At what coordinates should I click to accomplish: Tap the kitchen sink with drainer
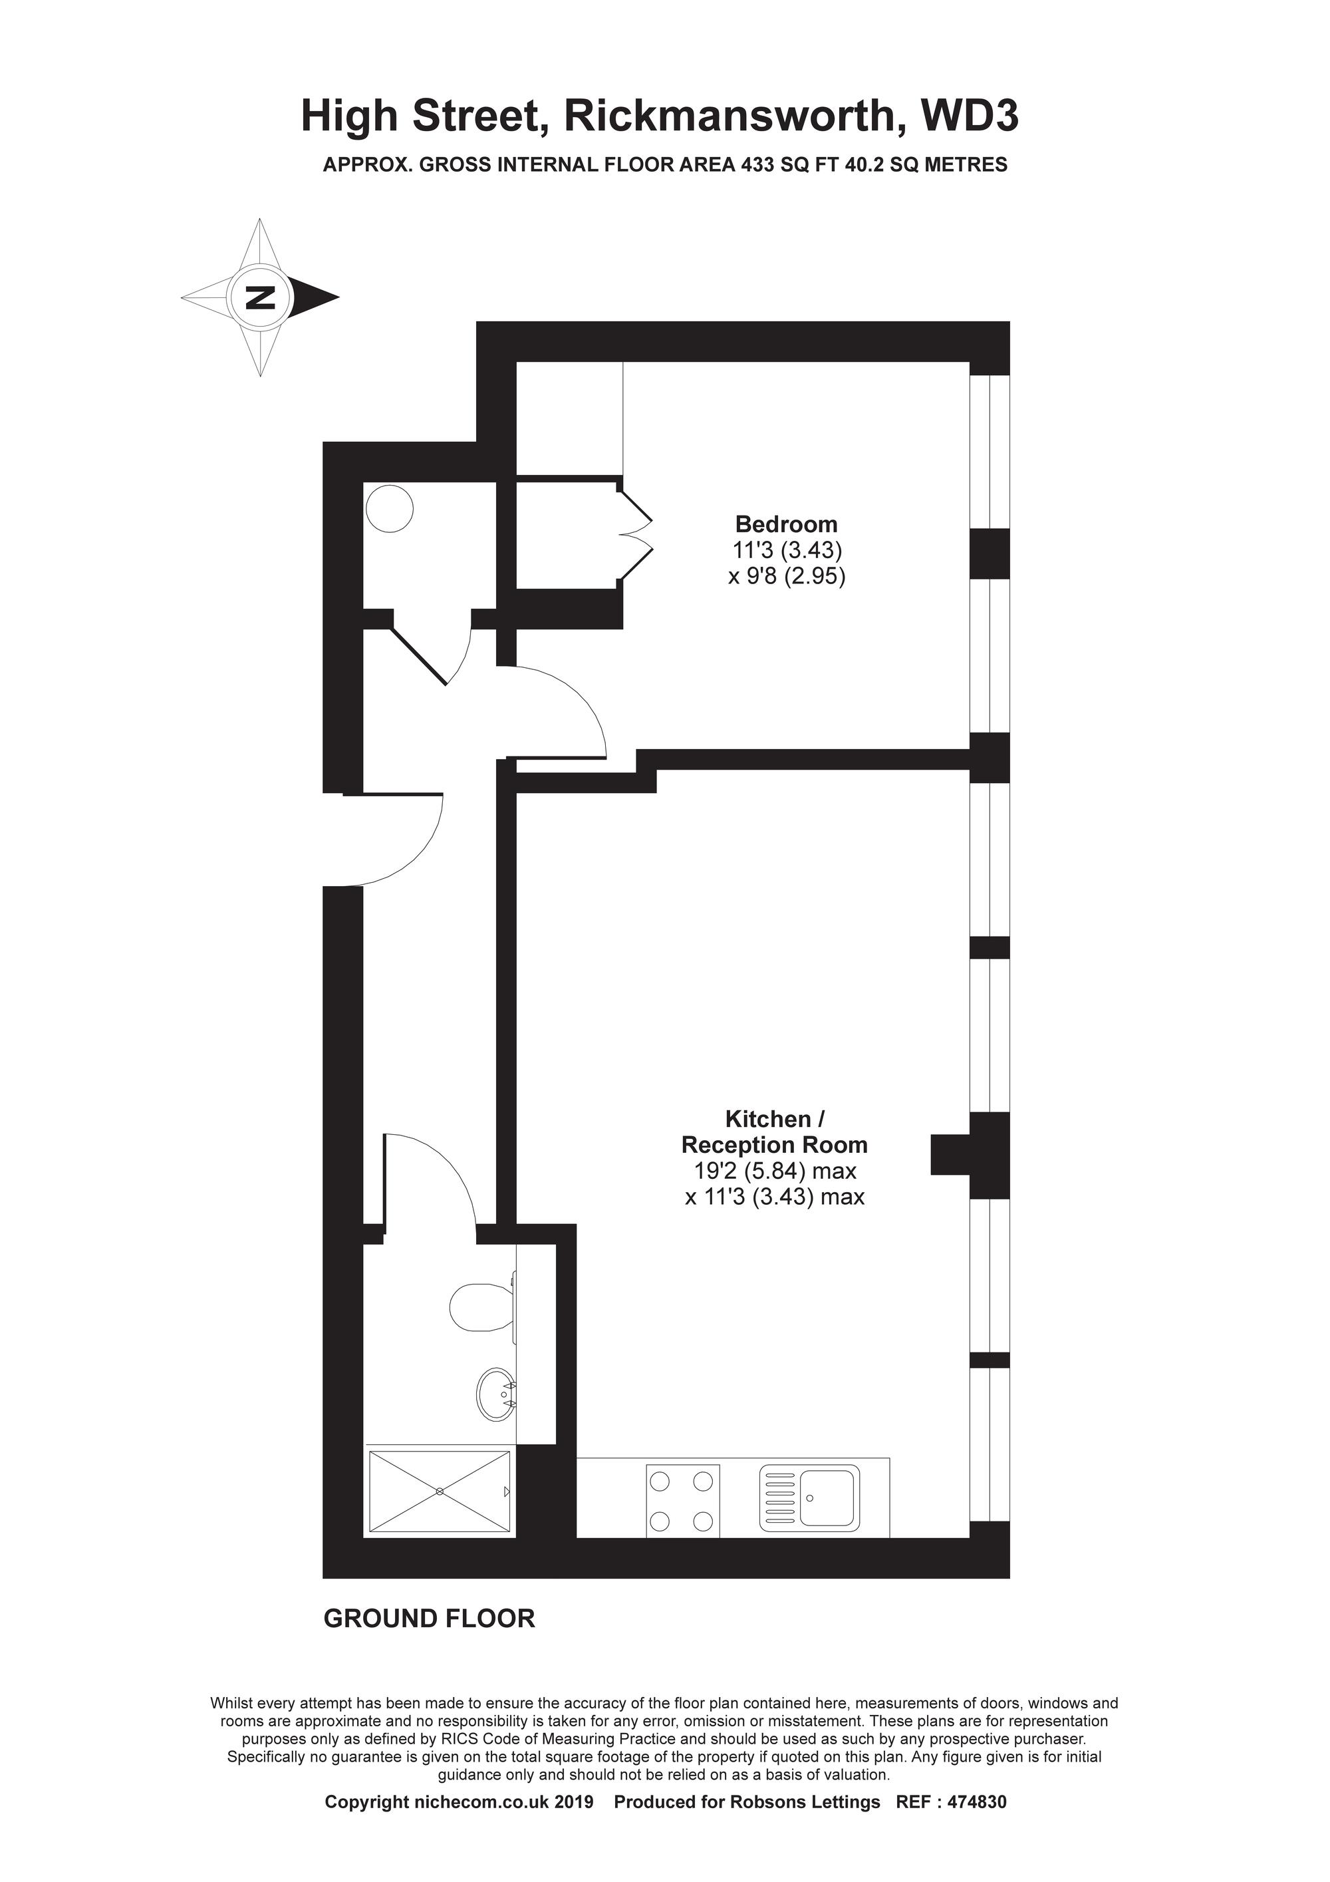coord(809,1498)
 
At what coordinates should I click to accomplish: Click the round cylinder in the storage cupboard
coord(389,509)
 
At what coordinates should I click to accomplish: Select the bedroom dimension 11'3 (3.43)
coord(787,550)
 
